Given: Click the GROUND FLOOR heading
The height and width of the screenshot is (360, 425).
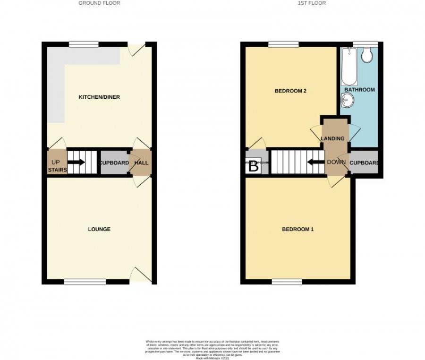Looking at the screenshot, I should [x=99, y=3].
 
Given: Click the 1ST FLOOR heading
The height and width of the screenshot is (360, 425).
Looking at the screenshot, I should [x=312, y=3].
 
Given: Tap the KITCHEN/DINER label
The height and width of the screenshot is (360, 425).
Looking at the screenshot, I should [x=99, y=97].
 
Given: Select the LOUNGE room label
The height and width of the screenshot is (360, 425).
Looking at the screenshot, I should [x=99, y=230].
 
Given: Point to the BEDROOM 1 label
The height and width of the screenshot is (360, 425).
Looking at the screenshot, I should [x=298, y=230].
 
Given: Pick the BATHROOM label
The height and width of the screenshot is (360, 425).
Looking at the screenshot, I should [x=359, y=90].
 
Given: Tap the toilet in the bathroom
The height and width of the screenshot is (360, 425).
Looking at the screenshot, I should [x=366, y=56].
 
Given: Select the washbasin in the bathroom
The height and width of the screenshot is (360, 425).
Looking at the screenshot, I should [x=348, y=100].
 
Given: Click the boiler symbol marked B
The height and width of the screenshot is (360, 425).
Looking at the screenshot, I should [x=254, y=166].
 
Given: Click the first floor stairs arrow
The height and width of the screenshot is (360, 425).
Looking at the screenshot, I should [x=314, y=163].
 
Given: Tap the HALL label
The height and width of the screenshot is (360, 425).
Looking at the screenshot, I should [x=141, y=163].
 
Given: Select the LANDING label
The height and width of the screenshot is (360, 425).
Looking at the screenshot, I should [x=335, y=138].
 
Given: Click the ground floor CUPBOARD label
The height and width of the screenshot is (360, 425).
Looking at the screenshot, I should [x=114, y=163].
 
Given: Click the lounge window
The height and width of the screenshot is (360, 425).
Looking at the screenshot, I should [x=85, y=282].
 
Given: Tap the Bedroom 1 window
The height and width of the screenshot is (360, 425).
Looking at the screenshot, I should [x=287, y=282].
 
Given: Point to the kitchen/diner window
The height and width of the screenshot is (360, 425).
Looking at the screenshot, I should [x=84, y=45].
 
